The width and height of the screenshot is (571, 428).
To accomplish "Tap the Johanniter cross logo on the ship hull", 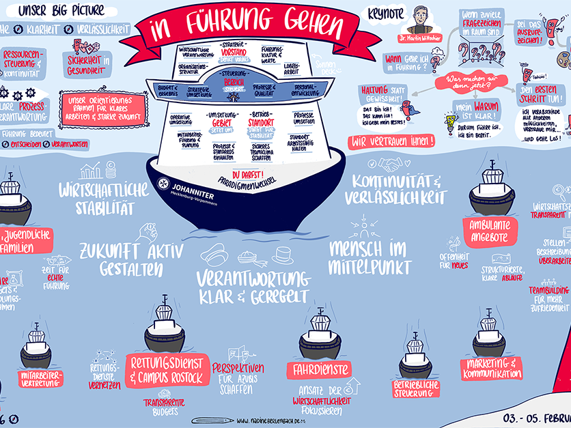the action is click(x=164, y=185).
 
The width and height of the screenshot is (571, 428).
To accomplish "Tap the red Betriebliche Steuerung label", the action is click(x=415, y=388).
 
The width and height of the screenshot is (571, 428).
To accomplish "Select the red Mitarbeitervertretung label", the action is click(x=41, y=379).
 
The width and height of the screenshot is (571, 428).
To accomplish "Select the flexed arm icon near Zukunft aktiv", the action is click(x=149, y=231).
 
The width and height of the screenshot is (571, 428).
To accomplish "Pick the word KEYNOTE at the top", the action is click(x=387, y=13).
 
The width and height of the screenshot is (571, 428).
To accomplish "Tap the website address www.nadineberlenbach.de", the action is click(x=284, y=420).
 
